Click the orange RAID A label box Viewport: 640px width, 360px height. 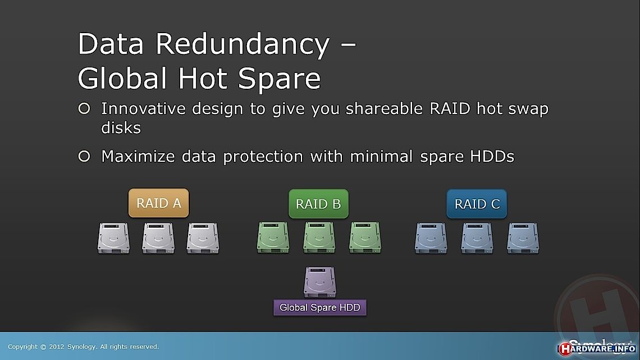point(159,203)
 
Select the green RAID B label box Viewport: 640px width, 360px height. point(318,204)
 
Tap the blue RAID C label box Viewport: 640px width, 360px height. point(477,204)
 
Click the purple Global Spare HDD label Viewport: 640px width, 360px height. point(320,307)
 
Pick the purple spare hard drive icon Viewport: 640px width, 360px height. point(320,282)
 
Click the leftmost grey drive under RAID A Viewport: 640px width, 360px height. point(113,238)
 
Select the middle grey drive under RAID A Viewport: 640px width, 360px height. point(158,238)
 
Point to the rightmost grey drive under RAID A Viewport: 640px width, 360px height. point(203,238)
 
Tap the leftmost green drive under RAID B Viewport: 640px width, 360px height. point(273,238)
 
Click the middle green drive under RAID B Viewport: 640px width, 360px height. point(319,238)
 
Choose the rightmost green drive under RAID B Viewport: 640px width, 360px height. point(365,238)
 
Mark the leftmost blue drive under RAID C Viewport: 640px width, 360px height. point(431,238)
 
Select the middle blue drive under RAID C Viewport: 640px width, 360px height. point(477,238)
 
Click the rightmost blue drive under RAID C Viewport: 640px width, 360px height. point(523,238)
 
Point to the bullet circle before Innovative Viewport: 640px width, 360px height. point(84,108)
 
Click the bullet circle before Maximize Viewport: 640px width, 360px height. point(84,156)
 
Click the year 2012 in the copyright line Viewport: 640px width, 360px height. point(56,347)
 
